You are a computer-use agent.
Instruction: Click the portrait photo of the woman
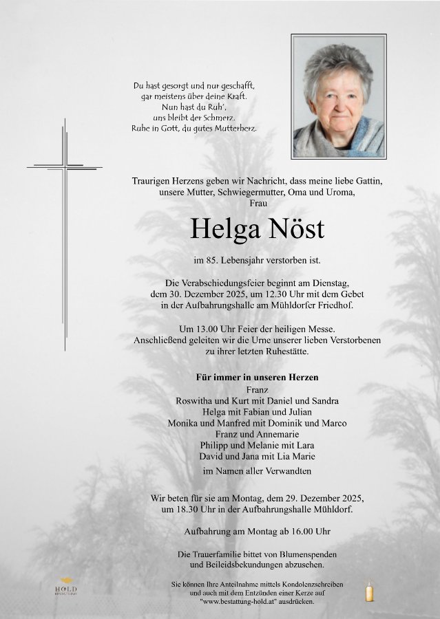339,96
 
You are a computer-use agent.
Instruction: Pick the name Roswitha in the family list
196,401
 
